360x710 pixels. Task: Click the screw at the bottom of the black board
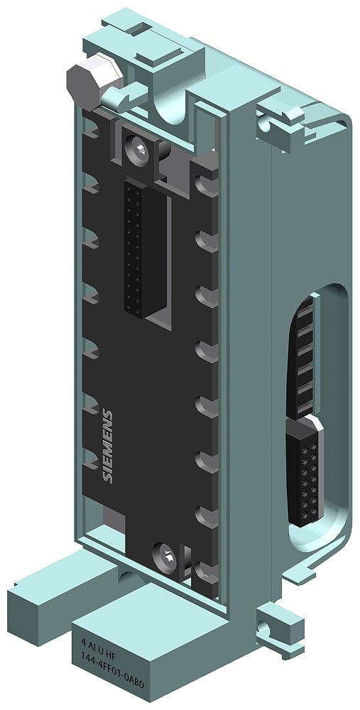coord(163,551)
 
